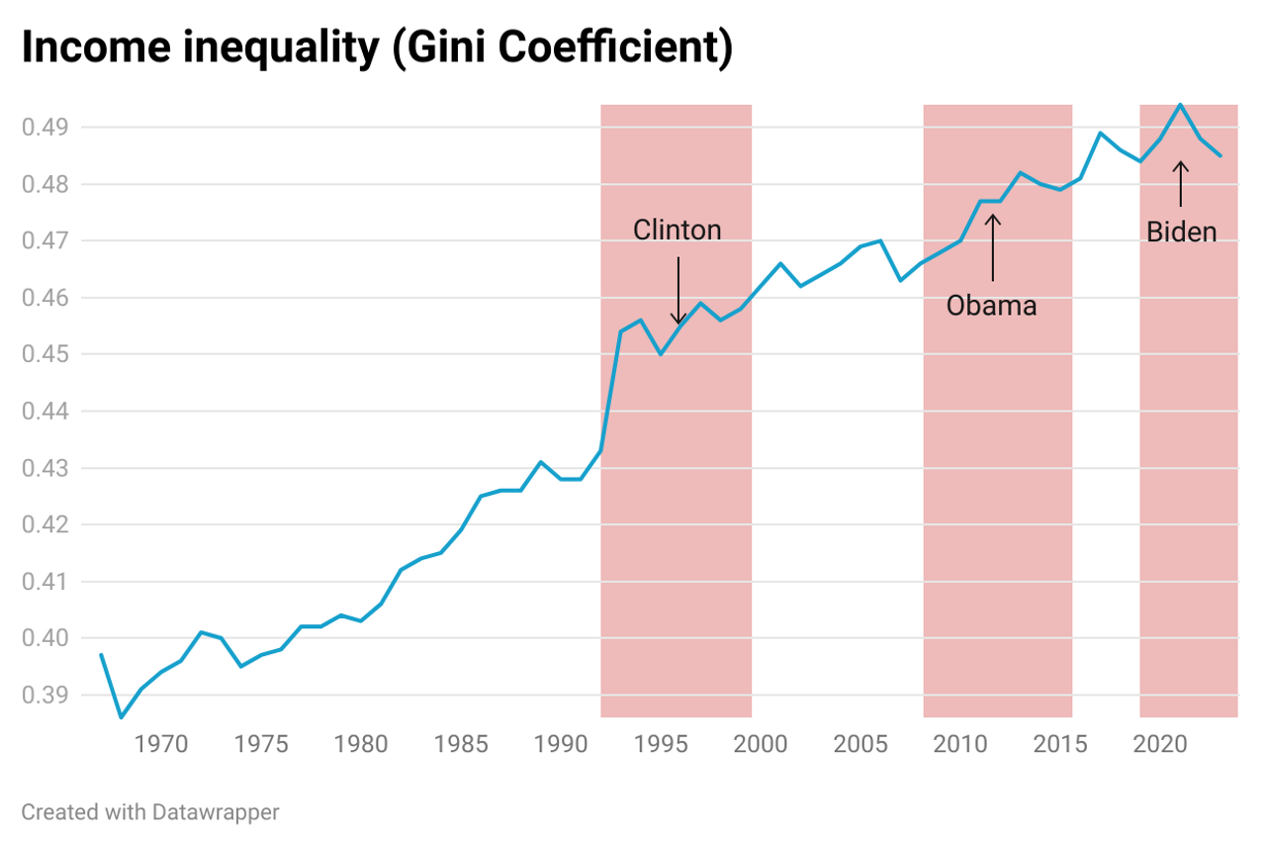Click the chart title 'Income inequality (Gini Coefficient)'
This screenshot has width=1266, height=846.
[377, 49]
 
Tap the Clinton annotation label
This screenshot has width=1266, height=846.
[678, 231]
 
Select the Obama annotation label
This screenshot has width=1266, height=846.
[991, 306]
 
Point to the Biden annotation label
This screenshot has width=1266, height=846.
[1181, 233]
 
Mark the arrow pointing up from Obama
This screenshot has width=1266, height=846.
[992, 247]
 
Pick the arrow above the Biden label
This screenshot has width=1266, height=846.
[1180, 184]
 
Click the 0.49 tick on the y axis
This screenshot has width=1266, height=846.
[45, 128]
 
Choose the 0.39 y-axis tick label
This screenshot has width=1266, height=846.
[45, 695]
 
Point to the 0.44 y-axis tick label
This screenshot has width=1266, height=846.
[45, 412]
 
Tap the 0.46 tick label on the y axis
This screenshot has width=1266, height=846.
[45, 298]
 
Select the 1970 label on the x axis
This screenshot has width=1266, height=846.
[161, 744]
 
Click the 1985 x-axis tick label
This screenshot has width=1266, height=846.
[461, 744]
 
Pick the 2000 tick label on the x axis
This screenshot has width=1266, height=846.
[761, 744]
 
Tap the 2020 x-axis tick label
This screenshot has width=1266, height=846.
[1160, 744]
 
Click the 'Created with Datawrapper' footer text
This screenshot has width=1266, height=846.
[150, 812]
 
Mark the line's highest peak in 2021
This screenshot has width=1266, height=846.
[1180, 105]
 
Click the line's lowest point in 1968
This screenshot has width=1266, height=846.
[121, 717]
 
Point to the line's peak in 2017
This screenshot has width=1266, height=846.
[1100, 133]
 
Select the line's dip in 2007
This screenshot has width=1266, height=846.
[900, 280]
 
